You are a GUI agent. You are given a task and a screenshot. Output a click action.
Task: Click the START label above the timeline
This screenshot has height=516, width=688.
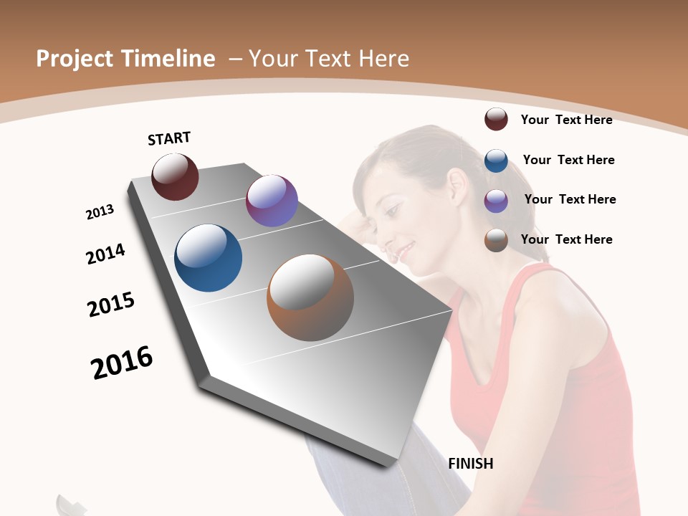[169, 138]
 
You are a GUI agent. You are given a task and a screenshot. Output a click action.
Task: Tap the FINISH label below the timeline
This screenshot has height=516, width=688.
[471, 464]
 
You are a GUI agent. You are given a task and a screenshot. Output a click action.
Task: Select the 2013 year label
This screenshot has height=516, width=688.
[100, 212]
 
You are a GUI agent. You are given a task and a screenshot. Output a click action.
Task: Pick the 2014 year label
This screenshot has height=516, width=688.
[105, 254]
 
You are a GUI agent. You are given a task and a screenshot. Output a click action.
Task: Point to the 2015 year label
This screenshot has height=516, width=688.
[111, 305]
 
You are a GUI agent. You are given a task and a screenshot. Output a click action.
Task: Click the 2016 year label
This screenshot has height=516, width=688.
[122, 363]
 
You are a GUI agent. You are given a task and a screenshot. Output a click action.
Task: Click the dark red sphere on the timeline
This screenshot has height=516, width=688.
[175, 177]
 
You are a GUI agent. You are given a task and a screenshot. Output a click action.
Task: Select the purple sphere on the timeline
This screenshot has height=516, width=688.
[272, 201]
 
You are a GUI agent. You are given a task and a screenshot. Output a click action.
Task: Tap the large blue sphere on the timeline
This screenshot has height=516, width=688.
[208, 258]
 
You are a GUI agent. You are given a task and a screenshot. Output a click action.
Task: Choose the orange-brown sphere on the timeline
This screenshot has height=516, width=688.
[310, 297]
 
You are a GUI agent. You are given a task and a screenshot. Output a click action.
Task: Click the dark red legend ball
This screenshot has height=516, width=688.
[496, 120]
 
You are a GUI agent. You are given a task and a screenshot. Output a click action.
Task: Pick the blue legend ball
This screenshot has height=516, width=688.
[496, 160]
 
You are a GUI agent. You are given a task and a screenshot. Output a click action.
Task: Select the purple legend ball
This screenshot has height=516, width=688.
[496, 200]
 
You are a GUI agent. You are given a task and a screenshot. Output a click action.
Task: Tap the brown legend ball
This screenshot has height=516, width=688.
[496, 239]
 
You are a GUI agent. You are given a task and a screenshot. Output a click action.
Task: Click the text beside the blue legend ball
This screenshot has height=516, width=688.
[568, 160]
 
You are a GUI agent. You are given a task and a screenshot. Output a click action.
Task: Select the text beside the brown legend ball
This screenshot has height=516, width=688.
[566, 239]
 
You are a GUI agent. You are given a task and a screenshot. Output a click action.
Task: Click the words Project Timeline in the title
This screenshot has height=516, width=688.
[125, 59]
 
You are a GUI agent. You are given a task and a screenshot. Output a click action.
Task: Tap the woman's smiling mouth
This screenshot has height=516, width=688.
[405, 249]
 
